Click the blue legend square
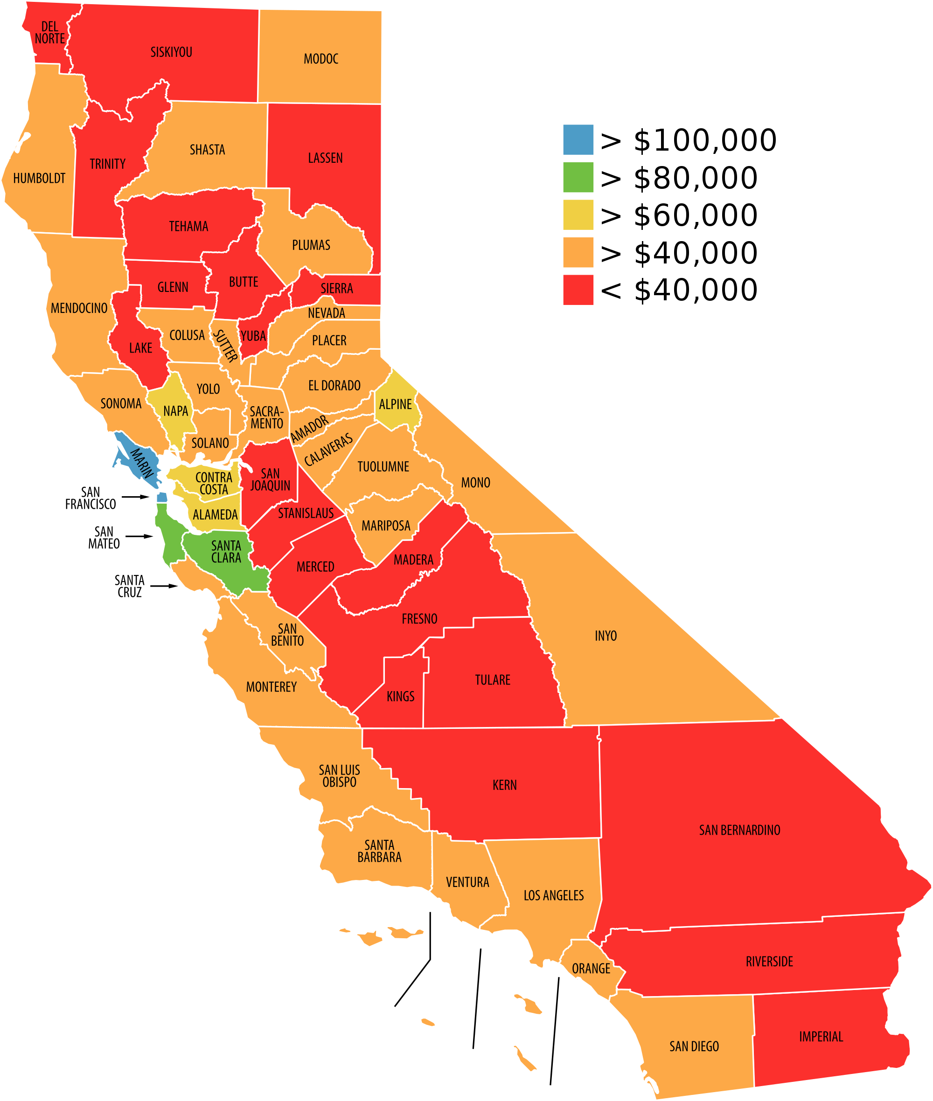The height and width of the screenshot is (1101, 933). [578, 139]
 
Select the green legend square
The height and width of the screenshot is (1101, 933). [578, 177]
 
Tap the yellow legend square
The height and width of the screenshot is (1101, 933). [578, 215]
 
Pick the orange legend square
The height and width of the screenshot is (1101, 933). [578, 252]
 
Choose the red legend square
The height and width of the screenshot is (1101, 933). [578, 290]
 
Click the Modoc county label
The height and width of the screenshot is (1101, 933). [320, 59]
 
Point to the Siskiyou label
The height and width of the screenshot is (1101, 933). [171, 52]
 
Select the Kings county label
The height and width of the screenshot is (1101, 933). [400, 696]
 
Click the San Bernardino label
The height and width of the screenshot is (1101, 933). [739, 830]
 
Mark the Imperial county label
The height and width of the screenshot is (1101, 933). [821, 1037]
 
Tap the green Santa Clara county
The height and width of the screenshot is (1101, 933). [226, 552]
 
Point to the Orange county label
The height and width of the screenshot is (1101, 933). [591, 968]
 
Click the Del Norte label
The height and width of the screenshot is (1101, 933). [50, 32]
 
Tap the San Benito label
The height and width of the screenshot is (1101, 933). [287, 635]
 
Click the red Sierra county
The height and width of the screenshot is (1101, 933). [337, 288]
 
